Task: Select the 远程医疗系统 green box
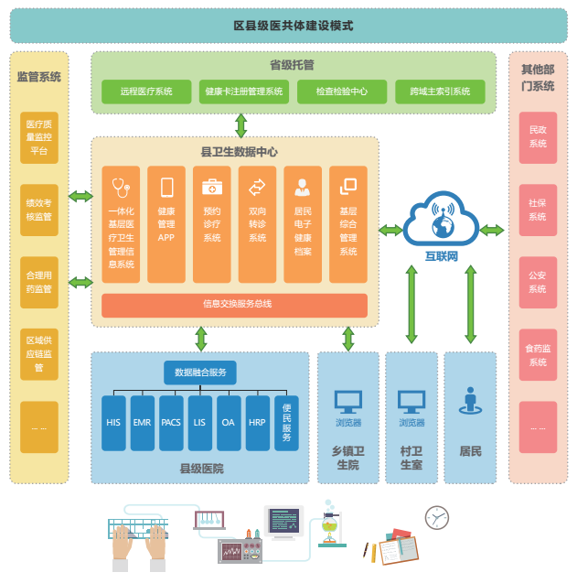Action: pos(146,92)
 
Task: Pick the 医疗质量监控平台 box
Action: pos(39,137)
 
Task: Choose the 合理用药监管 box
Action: pos(39,282)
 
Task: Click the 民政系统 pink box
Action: pos(538,137)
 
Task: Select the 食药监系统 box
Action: pos(538,355)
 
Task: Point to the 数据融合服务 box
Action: pos(200,372)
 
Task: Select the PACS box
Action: pos(172,423)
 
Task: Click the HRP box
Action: pos(258,423)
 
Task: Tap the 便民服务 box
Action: pos(287,423)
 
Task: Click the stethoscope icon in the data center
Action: pos(121,189)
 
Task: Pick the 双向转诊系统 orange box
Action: pos(257,224)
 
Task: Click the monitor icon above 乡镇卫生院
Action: pos(347,401)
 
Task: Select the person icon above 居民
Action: pos(471,401)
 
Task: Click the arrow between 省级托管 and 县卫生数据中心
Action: pos(240,125)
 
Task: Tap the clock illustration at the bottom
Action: pos(437,518)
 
